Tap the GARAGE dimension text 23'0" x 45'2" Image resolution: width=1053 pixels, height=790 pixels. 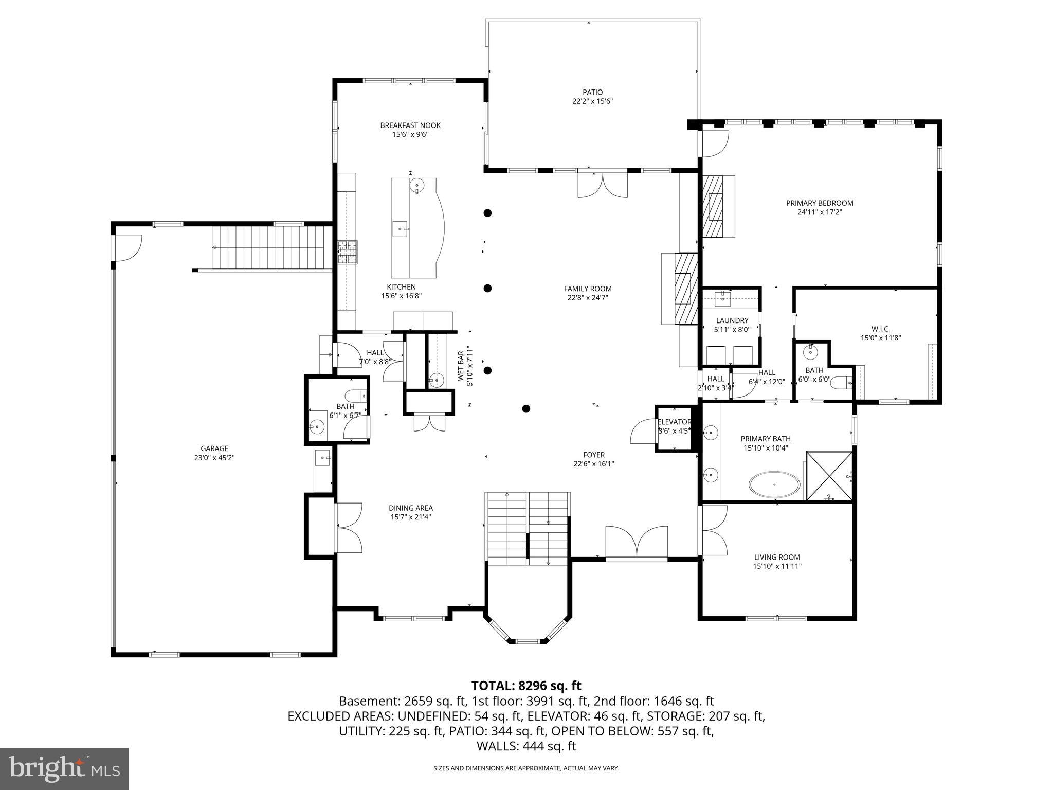214,458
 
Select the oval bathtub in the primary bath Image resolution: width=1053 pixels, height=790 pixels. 774,484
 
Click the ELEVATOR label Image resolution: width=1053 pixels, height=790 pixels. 674,422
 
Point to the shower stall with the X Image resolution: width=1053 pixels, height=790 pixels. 829,476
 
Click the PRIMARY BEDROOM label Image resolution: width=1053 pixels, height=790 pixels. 820,203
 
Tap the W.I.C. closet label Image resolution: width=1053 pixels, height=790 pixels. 880,329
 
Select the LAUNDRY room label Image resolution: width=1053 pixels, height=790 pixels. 732,320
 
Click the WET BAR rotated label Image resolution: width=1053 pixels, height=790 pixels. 461,366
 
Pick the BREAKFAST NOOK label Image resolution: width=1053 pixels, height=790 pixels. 410,125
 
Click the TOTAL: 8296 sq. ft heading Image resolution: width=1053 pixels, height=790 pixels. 526,686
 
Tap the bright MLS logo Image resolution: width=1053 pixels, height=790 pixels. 64,768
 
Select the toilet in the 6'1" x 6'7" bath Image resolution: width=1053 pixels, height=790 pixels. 354,396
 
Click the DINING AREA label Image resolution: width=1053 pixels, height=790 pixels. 410,508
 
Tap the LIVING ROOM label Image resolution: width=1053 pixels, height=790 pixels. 777,557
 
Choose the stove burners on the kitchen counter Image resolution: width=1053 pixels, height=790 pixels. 347,252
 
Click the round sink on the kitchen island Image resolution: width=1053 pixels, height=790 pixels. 416,186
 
